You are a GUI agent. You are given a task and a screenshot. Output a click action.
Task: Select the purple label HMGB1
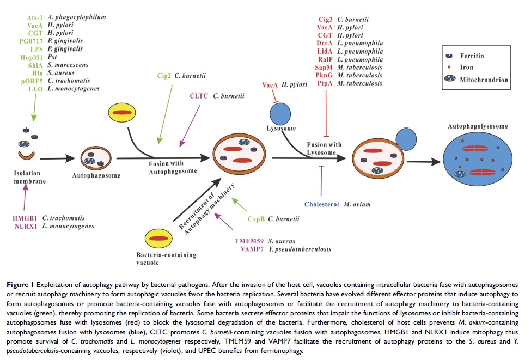(25, 218)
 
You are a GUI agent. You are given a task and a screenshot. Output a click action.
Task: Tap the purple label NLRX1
(26, 225)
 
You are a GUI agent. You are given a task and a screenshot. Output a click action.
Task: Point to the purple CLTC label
(199, 96)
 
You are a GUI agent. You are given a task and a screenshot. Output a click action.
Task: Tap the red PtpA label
(326, 83)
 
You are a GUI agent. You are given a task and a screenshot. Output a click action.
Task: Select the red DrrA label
(326, 43)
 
